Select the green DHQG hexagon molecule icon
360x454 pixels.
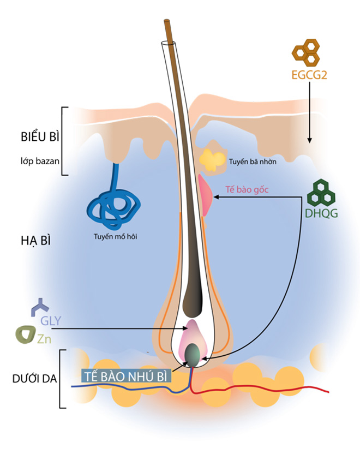tap(321, 192)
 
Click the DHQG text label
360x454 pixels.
tap(322, 213)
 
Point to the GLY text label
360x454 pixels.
tap(51, 320)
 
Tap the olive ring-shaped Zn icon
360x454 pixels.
tap(25, 334)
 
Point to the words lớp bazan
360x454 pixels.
tap(37, 162)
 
